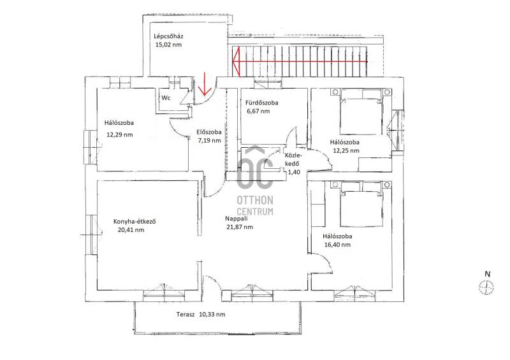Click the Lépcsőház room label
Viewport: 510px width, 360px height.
(168, 36)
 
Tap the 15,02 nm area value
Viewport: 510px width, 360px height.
(168, 45)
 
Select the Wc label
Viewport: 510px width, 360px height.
(166, 97)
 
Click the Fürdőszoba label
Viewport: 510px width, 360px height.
(262, 103)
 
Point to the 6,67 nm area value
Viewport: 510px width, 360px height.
(258, 112)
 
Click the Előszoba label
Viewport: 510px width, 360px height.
(209, 132)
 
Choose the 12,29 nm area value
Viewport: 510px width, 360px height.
(120, 134)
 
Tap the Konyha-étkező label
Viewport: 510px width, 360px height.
(135, 222)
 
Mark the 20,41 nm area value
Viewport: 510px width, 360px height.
(131, 230)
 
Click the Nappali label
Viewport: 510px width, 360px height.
(236, 219)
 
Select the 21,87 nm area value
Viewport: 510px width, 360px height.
(240, 227)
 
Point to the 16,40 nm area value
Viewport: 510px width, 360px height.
(337, 245)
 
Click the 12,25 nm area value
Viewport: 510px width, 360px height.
(346, 150)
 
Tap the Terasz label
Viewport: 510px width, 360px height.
(186, 315)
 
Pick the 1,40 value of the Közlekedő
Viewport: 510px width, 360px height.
(294, 173)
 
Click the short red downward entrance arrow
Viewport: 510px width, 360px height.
(204, 85)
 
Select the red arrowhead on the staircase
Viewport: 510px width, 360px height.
(236, 61)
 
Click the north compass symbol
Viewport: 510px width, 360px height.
(486, 287)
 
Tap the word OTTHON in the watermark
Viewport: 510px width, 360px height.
(255, 200)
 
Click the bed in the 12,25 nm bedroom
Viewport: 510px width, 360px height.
(360, 112)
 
